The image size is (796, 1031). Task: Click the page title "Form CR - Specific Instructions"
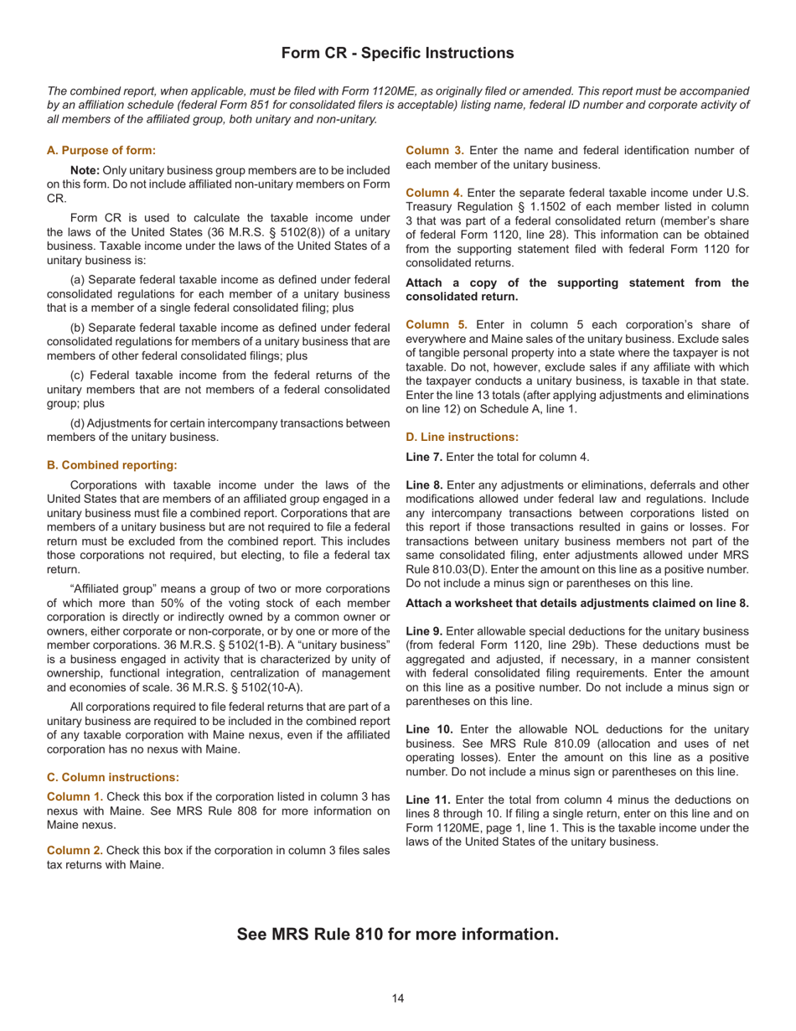click(397, 53)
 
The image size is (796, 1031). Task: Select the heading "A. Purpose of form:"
click(101, 150)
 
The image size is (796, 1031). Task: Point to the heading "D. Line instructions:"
click(463, 437)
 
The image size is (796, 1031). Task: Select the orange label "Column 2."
click(75, 850)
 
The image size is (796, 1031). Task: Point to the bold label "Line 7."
click(424, 457)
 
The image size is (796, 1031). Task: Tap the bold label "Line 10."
click(427, 729)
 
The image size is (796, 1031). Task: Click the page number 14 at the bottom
click(397, 997)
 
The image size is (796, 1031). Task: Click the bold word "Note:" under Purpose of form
click(85, 170)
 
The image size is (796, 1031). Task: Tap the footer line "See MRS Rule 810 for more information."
click(397, 934)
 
